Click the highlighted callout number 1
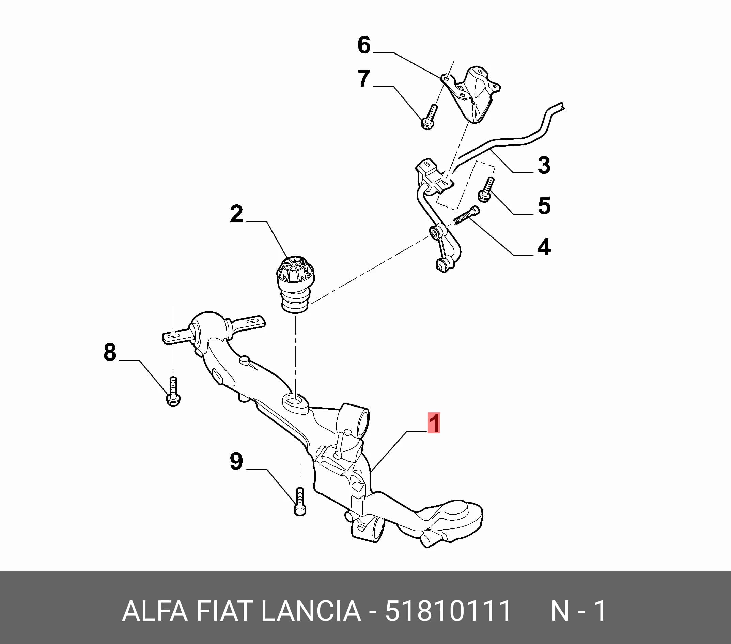point(434,423)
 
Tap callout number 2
point(236,214)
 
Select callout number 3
point(544,165)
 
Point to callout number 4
point(544,247)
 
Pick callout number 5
point(544,206)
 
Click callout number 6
point(364,45)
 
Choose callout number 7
point(364,78)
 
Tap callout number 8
point(110,352)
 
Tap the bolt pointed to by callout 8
point(173,392)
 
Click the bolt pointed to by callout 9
point(300,502)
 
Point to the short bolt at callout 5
point(486,189)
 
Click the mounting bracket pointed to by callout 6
point(471,94)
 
